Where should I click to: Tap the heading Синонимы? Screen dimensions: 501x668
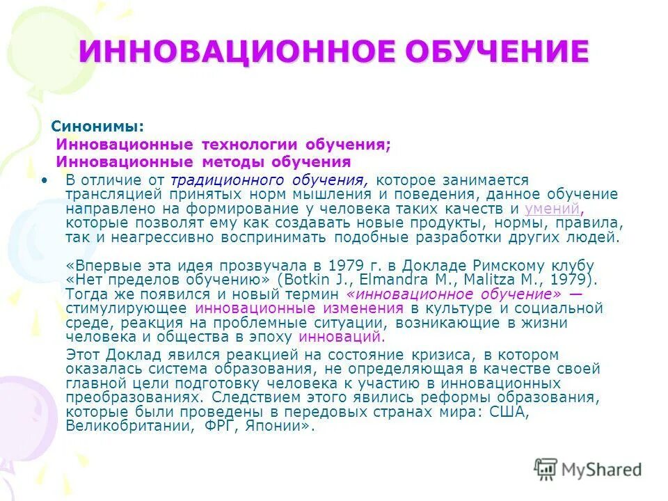click(97, 127)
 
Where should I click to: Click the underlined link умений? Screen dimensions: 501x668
click(552, 209)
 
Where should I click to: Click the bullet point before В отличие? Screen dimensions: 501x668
click(47, 180)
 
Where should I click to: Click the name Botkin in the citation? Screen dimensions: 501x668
click(305, 280)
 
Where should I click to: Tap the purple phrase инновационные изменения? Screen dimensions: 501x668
click(299, 308)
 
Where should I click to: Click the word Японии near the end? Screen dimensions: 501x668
click(278, 427)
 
